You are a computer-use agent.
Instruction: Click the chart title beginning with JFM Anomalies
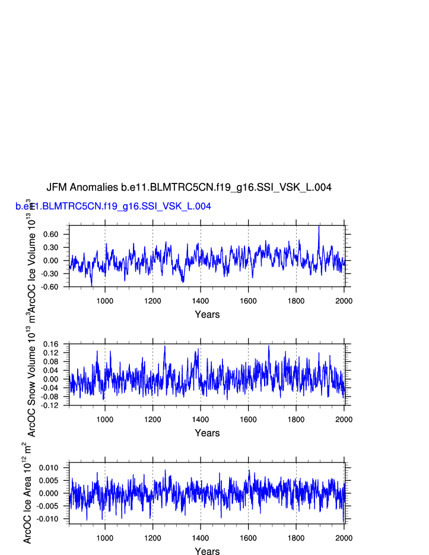pos(189,188)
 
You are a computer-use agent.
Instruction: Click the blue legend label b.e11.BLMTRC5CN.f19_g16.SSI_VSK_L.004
pos(113,207)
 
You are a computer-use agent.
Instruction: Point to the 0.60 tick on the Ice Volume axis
pos(50,234)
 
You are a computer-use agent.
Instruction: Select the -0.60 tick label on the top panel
pos(50,287)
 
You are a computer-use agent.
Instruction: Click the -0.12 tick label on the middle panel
pos(51,405)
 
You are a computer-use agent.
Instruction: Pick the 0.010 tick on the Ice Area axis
pos(50,468)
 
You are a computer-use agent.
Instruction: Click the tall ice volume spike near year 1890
pos(319,226)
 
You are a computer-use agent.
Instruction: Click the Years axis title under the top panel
pos(207,315)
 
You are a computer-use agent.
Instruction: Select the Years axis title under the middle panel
pos(207,433)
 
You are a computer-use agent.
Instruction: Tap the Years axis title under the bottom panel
pos(207,551)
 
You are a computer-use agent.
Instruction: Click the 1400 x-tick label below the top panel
pos(201,300)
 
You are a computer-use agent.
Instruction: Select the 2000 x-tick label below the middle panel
pos(344,419)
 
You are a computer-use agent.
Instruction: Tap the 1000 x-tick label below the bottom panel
pos(105,538)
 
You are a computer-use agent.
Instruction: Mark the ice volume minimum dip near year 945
pos(91,286)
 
